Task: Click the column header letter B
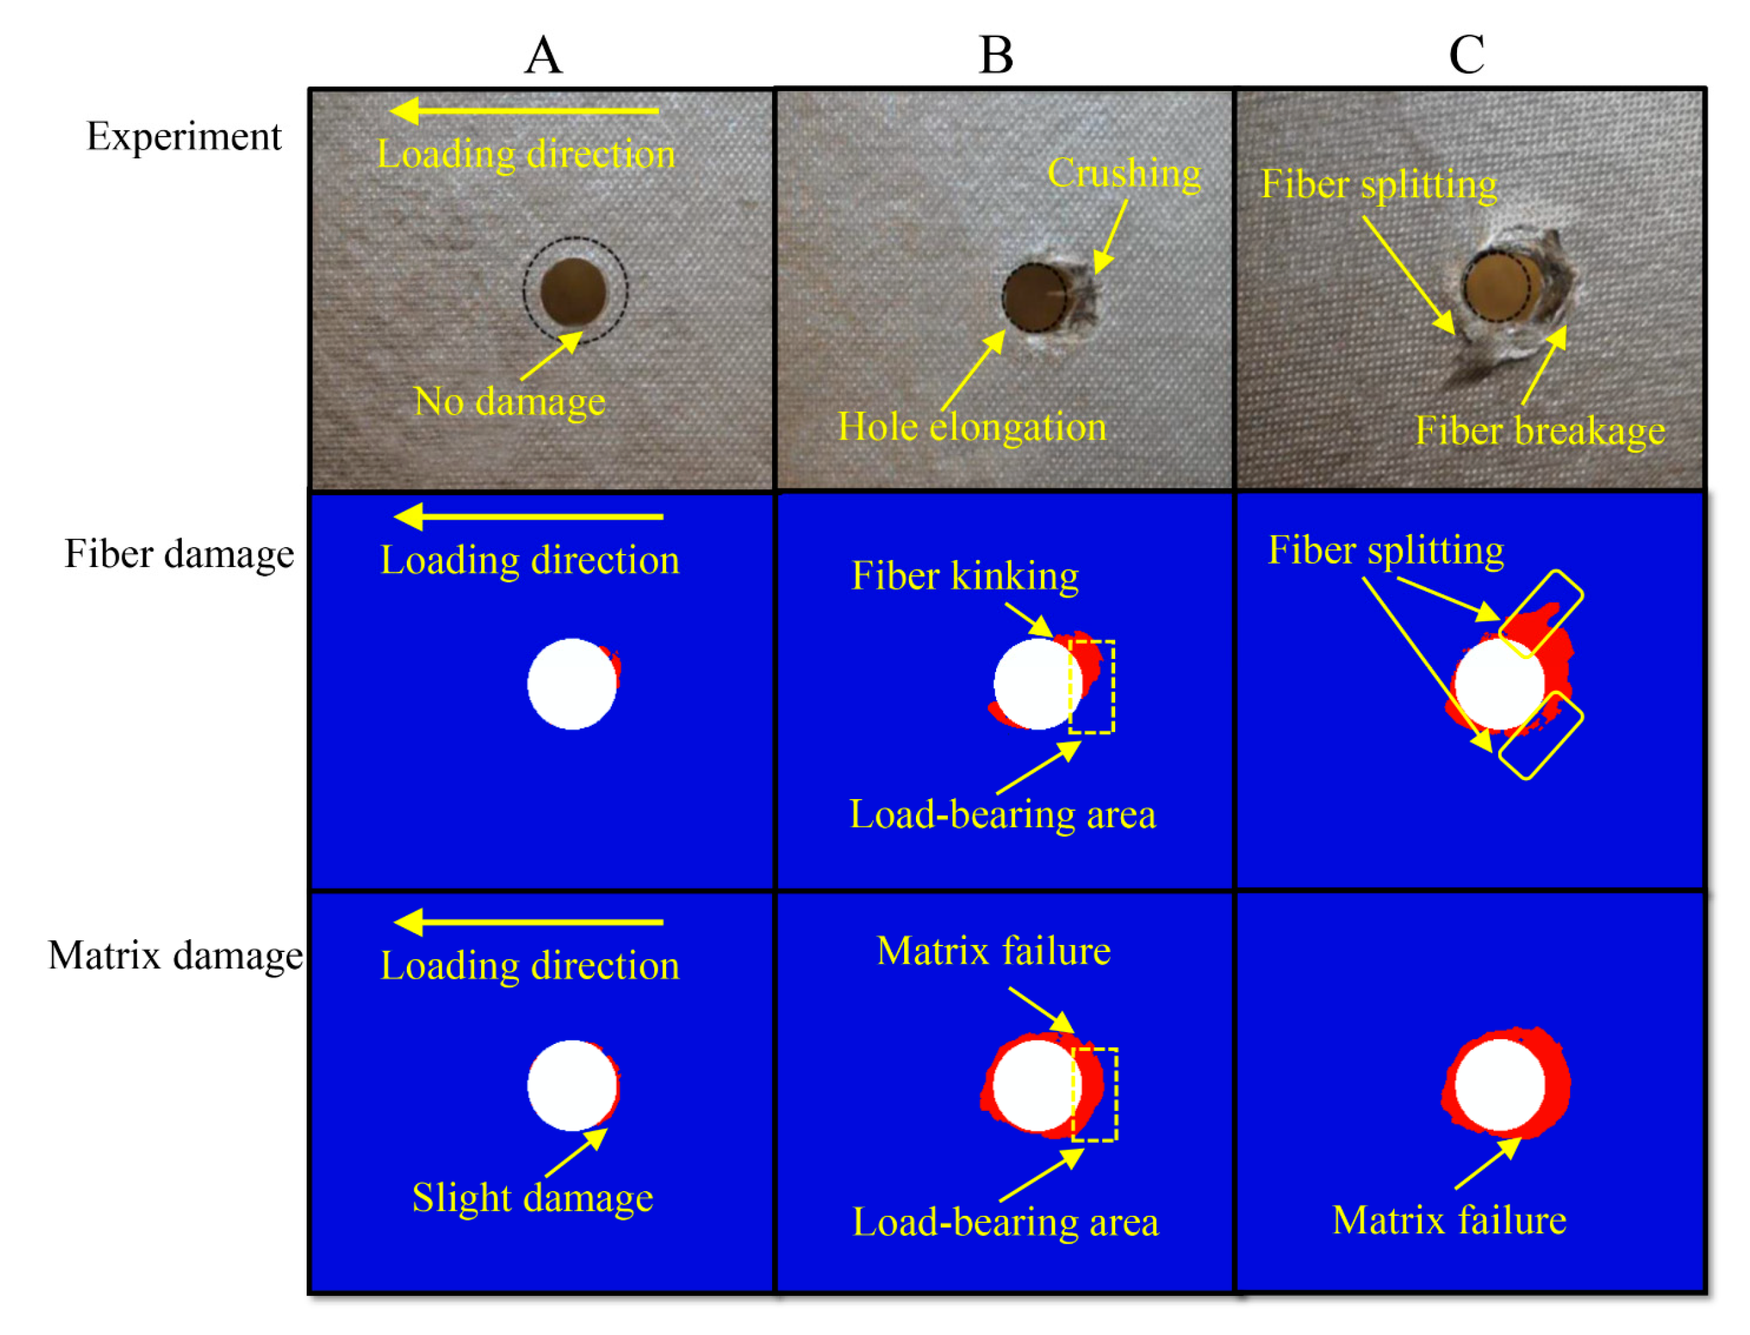point(996,55)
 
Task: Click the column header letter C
point(1466,55)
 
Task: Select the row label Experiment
point(184,137)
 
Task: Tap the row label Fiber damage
point(179,554)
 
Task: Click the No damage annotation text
point(509,401)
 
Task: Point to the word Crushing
point(1123,173)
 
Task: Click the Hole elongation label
point(971,427)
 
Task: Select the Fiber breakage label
point(1540,430)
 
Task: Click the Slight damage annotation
point(533,1198)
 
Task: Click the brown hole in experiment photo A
point(573,292)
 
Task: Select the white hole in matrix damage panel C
point(1499,1086)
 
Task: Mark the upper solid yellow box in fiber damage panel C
point(1540,613)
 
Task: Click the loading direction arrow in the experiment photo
point(524,111)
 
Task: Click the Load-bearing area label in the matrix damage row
point(1005,1222)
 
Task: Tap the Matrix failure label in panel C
point(1449,1220)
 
